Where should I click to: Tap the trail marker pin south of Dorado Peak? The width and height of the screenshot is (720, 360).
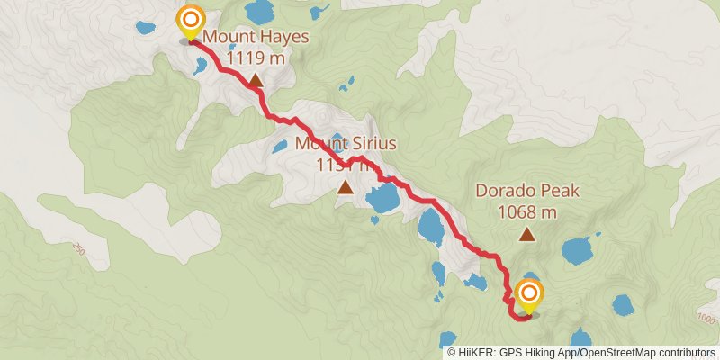click(x=528, y=295)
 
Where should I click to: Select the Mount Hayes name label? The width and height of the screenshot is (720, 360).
click(x=256, y=38)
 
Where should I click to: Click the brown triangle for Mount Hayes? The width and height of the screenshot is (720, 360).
click(x=256, y=82)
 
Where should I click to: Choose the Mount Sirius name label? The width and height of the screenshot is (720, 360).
click(x=346, y=143)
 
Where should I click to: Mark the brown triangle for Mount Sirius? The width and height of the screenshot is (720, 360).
click(x=346, y=187)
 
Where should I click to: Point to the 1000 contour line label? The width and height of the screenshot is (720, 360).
click(x=706, y=319)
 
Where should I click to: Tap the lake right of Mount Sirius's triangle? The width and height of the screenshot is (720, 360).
click(x=383, y=197)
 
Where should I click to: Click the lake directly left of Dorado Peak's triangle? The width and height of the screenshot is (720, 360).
click(x=430, y=227)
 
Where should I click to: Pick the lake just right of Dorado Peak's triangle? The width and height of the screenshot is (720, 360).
click(x=576, y=249)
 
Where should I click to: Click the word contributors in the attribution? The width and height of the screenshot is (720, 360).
click(x=685, y=353)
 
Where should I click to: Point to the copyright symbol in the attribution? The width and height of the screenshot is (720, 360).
click(x=452, y=353)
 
